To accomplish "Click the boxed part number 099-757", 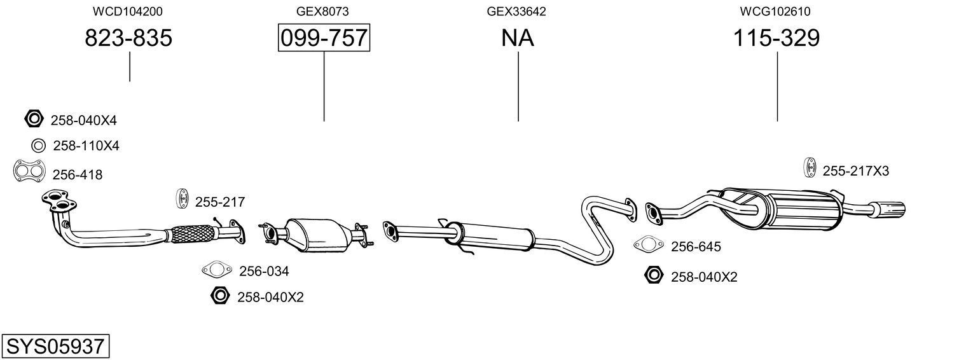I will pyautogui.click(x=324, y=38).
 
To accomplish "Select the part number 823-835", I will pyautogui.click(x=128, y=38).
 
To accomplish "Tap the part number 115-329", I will pyautogui.click(x=776, y=38).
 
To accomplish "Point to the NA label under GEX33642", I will pyautogui.click(x=518, y=38).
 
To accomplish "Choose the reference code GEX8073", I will pyautogui.click(x=322, y=11).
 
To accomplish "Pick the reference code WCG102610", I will pyautogui.click(x=775, y=11).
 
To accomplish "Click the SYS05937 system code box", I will pyautogui.click(x=55, y=347).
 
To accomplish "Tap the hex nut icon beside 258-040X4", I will pyautogui.click(x=33, y=119).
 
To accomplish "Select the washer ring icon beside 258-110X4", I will pyautogui.click(x=38, y=146).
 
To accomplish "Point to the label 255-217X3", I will pyautogui.click(x=855, y=171).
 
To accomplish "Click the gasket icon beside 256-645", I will pyautogui.click(x=647, y=245).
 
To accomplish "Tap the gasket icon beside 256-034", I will pyautogui.click(x=216, y=270).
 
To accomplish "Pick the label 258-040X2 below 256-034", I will pyautogui.click(x=270, y=297).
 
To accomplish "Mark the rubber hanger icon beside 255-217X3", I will pyautogui.click(x=811, y=167).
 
